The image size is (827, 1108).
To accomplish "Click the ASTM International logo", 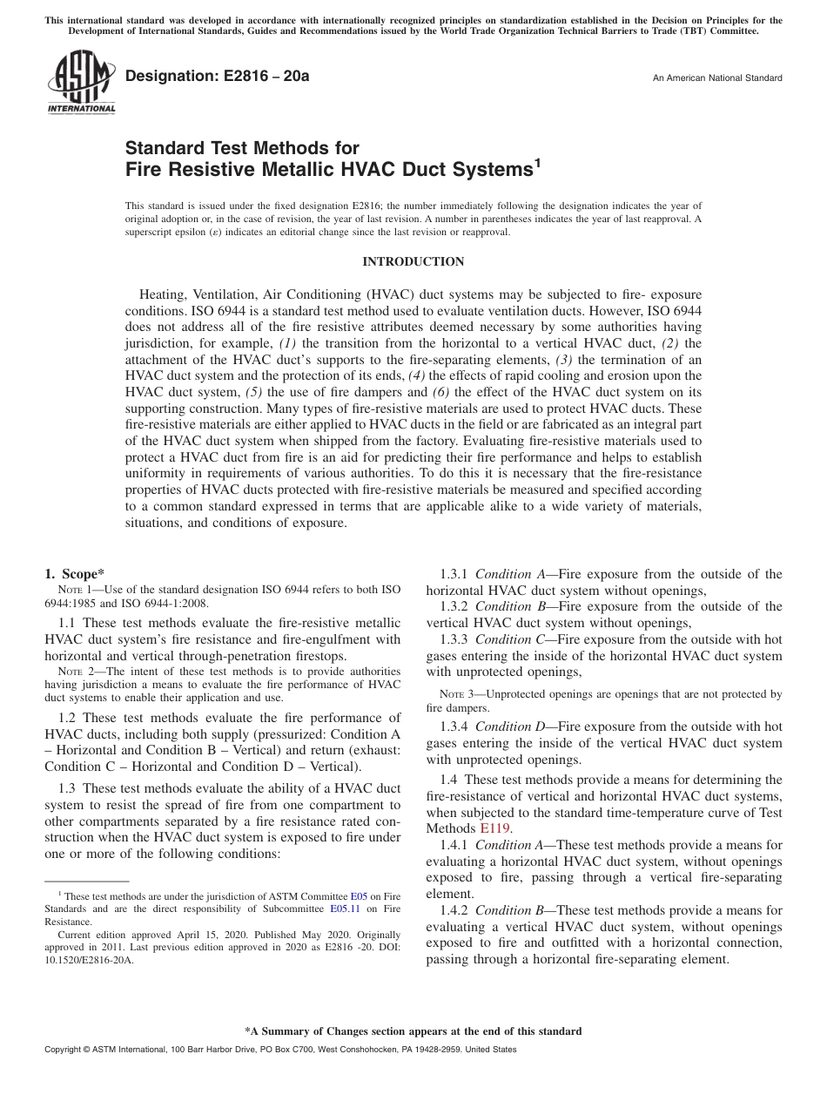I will coord(81,83).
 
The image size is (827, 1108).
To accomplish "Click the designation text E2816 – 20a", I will coord(218,77).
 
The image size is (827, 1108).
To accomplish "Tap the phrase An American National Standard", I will coord(717,78).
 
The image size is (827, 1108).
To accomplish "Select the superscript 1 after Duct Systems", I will coord(538,162).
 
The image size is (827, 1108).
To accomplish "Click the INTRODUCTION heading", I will coord(413,261).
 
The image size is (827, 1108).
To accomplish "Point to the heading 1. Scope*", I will coord(74,573).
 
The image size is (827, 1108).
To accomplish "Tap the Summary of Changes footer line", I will coord(413,1031).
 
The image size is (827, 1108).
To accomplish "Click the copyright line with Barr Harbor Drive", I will coord(280,1050).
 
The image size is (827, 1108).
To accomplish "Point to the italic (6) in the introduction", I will coord(442,392).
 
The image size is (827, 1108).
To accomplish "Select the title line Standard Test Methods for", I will coord(242,148).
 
